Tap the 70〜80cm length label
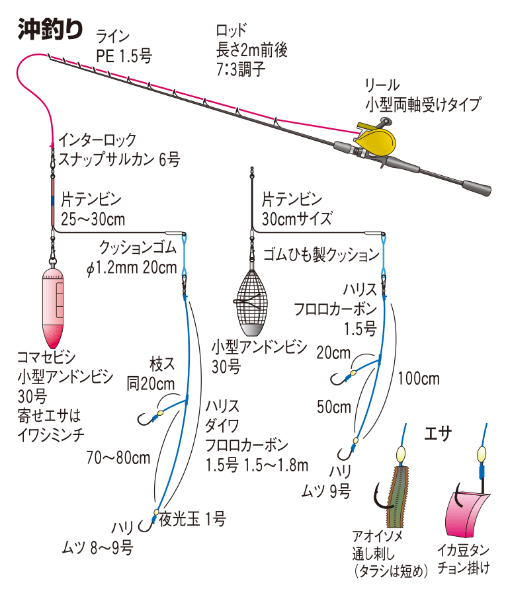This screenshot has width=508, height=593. pyautogui.click(x=118, y=457)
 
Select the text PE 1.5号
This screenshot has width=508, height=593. pyautogui.click(x=124, y=56)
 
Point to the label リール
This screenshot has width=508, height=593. pyautogui.click(x=382, y=85)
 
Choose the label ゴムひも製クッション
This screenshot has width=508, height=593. pyautogui.click(x=321, y=255)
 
